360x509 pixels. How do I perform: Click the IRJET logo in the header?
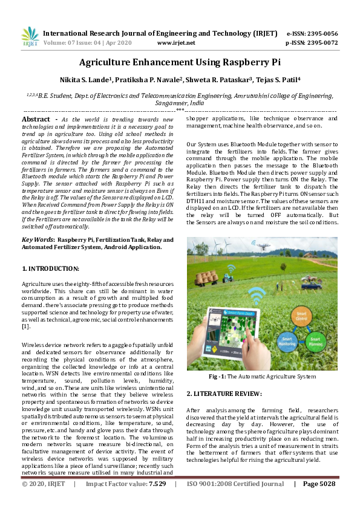coord(30,37)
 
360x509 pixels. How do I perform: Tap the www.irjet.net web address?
coord(175,43)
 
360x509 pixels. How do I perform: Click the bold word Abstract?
coord(36,120)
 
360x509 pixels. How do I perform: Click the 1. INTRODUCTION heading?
coord(50,268)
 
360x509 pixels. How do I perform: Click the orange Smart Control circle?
coord(301,315)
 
